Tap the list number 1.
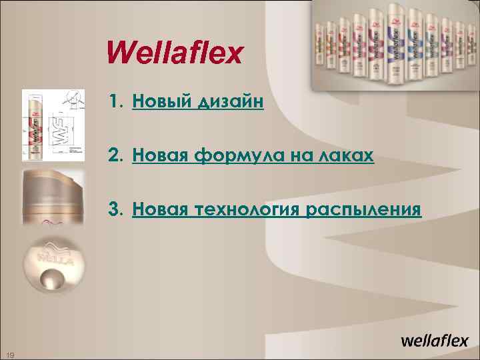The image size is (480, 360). coord(117,102)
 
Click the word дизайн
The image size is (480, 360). coord(229,103)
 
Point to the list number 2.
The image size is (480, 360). coord(117,156)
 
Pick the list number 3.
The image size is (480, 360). coord(117,210)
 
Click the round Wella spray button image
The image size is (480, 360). coord(53,264)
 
